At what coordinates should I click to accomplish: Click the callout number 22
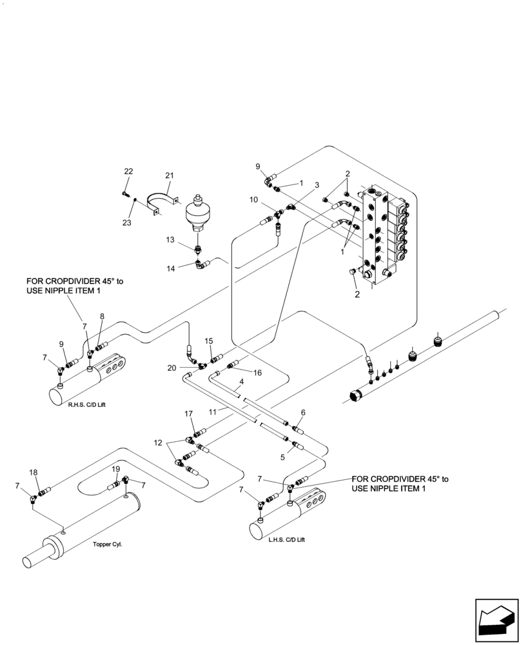coord(128,171)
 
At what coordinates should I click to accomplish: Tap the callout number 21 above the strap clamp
coord(169,175)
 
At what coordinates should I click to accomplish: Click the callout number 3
coord(317,185)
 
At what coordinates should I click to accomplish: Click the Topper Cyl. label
coord(107,544)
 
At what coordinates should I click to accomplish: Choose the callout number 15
coord(208,340)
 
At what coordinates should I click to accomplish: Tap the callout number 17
coord(188,413)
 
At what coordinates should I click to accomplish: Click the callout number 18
coord(33,472)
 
